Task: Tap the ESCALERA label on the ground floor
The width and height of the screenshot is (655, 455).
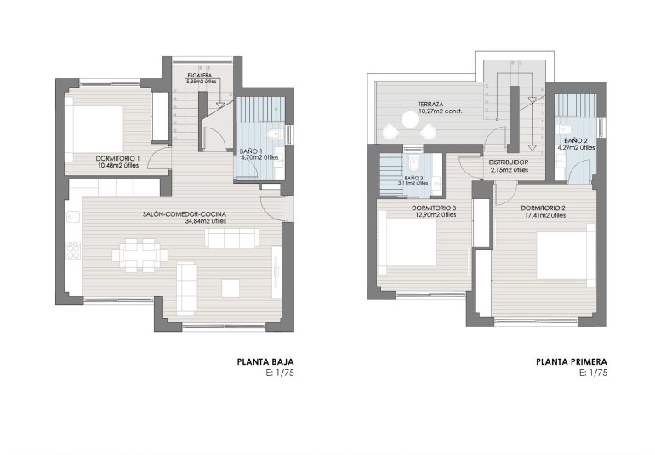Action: (201, 75)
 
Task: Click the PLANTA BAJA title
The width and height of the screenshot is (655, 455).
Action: (266, 361)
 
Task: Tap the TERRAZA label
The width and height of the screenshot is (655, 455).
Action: (431, 105)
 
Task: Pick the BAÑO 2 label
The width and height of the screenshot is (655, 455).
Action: (575, 139)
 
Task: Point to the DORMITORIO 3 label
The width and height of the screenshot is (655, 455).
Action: (434, 208)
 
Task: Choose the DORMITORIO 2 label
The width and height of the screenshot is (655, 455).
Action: (544, 208)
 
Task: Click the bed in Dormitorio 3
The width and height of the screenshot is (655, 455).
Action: (408, 247)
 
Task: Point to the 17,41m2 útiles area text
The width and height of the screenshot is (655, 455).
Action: (544, 215)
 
